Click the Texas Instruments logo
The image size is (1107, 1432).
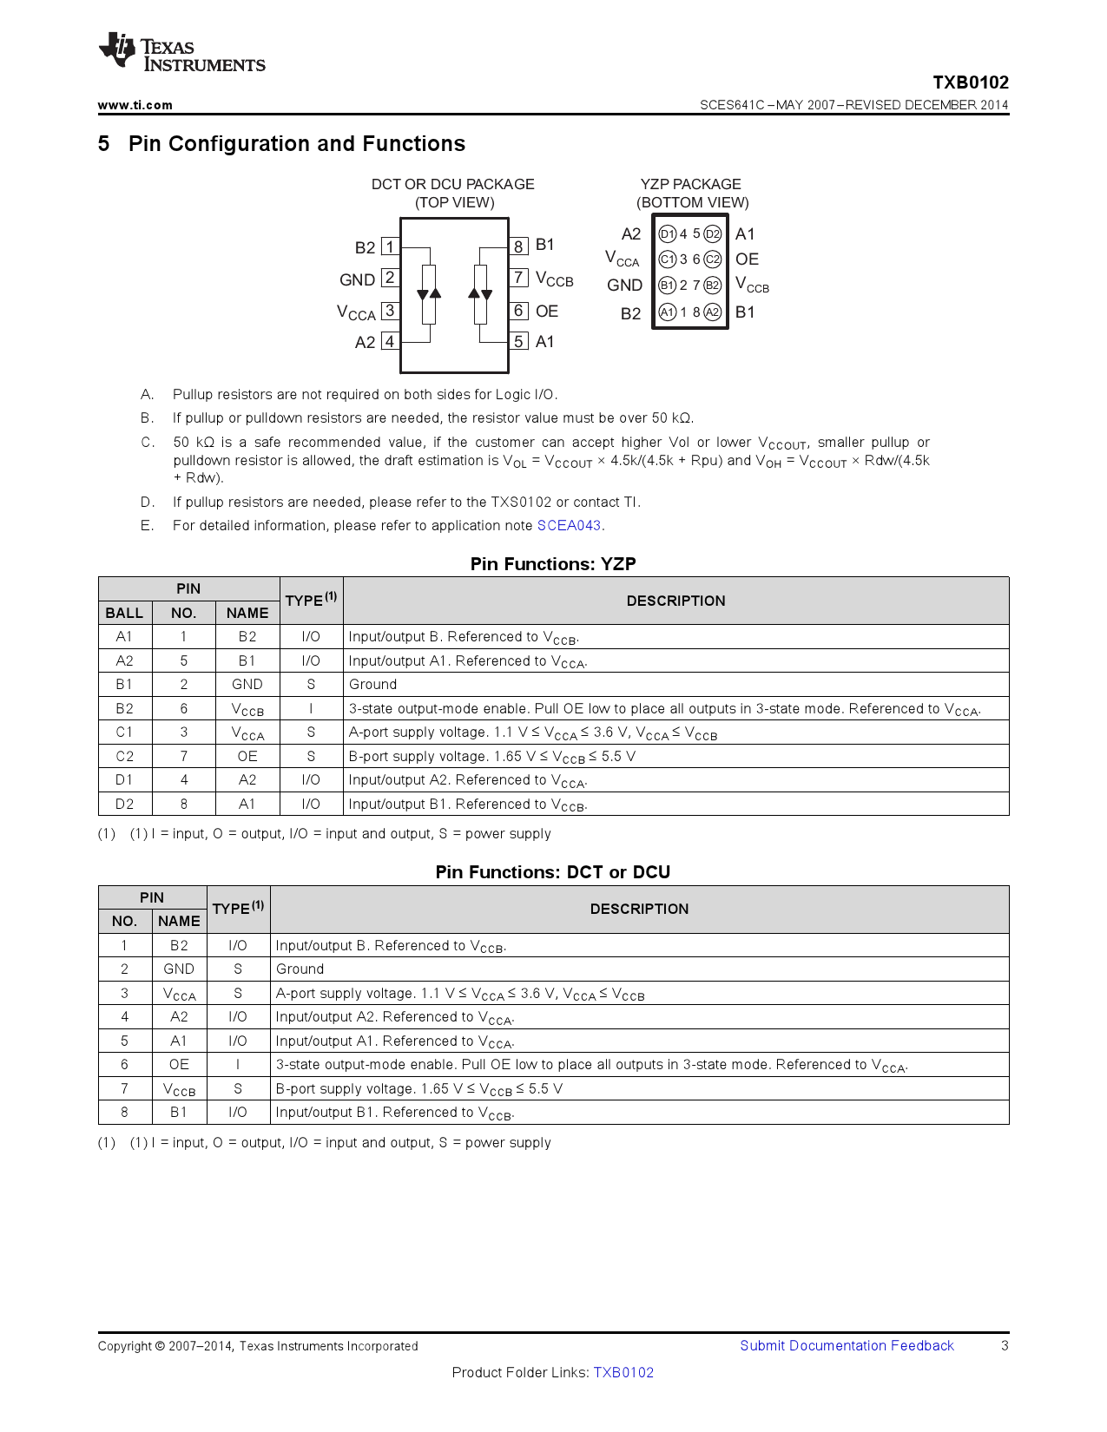[x=181, y=54]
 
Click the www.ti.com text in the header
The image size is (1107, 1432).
[x=135, y=105]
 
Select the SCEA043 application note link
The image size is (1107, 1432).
[x=569, y=525]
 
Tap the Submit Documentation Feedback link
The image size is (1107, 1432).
[x=847, y=1345]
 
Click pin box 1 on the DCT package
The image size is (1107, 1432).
[x=390, y=247]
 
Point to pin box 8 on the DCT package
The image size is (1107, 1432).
[x=518, y=246]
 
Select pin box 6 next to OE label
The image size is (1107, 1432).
[x=518, y=311]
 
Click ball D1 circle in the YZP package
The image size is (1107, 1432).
[x=667, y=234]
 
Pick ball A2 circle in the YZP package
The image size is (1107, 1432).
[x=713, y=312]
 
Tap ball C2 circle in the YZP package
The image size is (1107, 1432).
[x=713, y=259]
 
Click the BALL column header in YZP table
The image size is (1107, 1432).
[x=124, y=613]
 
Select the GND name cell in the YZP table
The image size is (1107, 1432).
[x=247, y=684]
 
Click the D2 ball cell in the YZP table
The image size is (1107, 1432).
[x=124, y=804]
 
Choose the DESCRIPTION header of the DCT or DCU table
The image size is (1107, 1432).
[x=639, y=909]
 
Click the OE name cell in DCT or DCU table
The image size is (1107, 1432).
[x=179, y=1064]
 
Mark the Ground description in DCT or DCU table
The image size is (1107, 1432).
[x=300, y=969]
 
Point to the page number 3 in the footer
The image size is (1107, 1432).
[x=1005, y=1345]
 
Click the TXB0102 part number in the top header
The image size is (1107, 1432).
[x=971, y=82]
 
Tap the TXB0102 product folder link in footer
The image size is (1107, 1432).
[x=623, y=1372]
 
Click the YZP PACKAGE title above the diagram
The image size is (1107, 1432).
[x=691, y=184]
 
